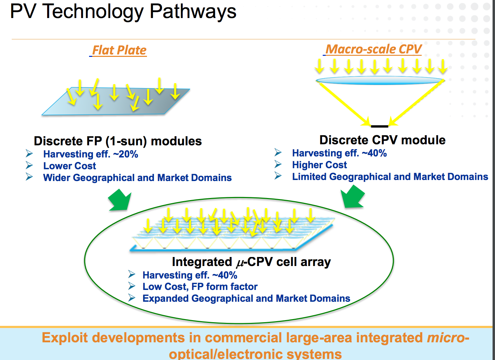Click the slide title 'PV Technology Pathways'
click(123, 11)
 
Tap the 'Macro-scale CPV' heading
click(374, 49)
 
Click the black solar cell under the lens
click(380, 126)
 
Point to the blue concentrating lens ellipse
click(380, 81)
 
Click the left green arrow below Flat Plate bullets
click(120, 200)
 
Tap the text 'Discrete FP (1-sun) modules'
click(118, 141)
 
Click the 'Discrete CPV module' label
click(382, 140)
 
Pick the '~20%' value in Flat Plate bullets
click(125, 154)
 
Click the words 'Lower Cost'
click(69, 166)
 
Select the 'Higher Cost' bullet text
click(319, 165)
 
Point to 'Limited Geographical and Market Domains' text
click(390, 177)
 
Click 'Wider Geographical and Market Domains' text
click(137, 178)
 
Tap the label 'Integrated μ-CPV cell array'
click(251, 262)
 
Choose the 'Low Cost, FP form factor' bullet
click(200, 287)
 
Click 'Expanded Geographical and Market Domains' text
click(246, 299)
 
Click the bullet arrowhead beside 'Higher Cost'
click(278, 164)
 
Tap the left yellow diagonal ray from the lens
click(343, 103)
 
